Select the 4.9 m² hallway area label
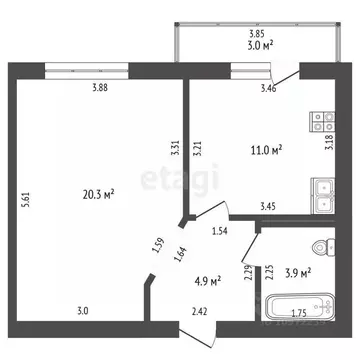[x=206, y=280]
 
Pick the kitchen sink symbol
[x=323, y=196]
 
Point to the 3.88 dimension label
[x=100, y=88]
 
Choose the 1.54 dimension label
[x=222, y=232]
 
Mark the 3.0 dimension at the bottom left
[x=82, y=312]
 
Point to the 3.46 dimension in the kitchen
[x=269, y=90]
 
